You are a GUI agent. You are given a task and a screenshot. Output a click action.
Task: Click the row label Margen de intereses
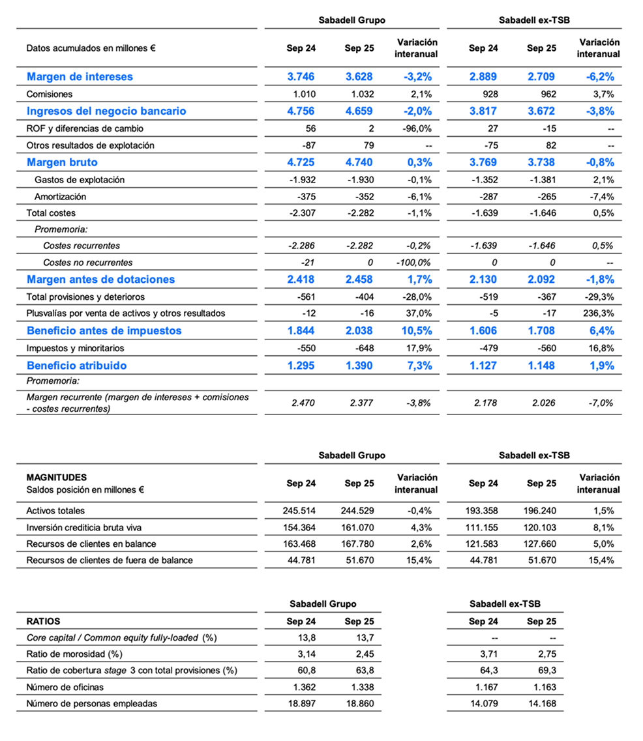coord(80,76)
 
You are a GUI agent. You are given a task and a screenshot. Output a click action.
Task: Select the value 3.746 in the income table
coord(301,76)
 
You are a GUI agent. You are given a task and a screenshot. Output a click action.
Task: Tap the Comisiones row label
coord(50,94)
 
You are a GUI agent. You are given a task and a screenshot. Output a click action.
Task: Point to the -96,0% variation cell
coord(416,128)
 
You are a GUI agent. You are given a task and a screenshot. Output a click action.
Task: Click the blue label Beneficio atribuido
coord(77,366)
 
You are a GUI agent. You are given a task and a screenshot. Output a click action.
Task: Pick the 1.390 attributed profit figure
coord(359,366)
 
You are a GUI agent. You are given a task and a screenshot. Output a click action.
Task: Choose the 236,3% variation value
coord(598,313)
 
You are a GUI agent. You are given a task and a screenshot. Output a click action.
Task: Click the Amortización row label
coord(61,196)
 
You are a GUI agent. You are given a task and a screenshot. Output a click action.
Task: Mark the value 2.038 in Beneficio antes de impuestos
coord(359,330)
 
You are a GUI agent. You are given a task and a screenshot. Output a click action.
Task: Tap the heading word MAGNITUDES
coord(57,478)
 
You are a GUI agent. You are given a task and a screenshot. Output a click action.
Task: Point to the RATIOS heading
coord(43,621)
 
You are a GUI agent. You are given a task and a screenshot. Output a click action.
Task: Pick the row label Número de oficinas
coord(65,686)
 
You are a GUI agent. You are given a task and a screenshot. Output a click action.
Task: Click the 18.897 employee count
coord(301,703)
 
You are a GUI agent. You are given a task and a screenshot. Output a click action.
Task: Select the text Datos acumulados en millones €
coord(91,48)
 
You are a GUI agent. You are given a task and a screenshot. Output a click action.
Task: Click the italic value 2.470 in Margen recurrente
coord(301,403)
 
